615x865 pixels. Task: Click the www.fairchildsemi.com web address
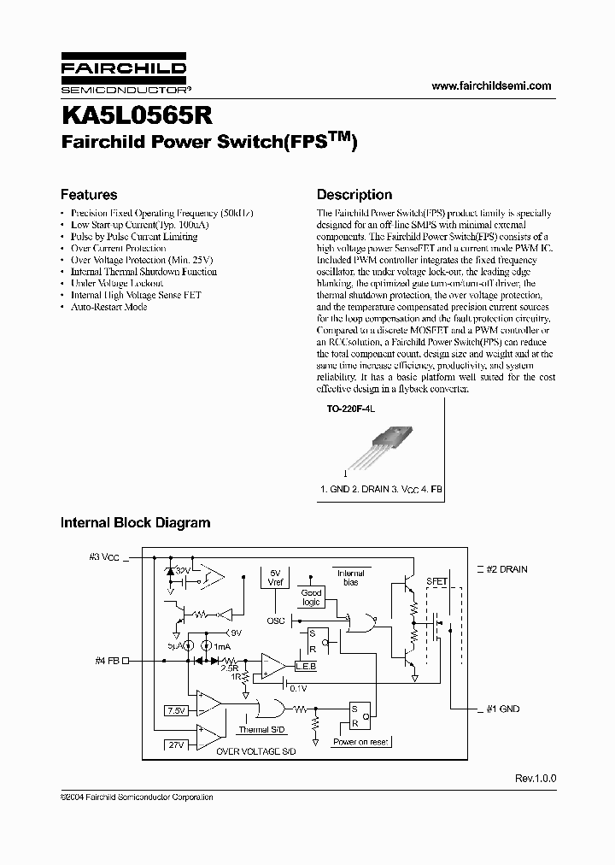(x=491, y=85)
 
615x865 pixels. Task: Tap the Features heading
(x=89, y=195)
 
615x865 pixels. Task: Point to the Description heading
(x=354, y=195)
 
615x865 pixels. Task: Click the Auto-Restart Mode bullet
(x=108, y=307)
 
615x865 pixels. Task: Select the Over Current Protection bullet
(x=118, y=248)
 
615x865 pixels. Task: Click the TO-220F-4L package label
(x=351, y=410)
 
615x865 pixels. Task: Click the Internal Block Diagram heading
(x=135, y=522)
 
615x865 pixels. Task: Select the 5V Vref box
(x=275, y=578)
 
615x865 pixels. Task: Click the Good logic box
(x=311, y=597)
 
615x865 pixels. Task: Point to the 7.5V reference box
(x=177, y=710)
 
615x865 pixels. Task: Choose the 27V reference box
(x=177, y=744)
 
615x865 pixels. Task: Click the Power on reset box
(x=361, y=742)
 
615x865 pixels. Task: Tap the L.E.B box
(x=305, y=666)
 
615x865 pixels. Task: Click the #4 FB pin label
(x=108, y=660)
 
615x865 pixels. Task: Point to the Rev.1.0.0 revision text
(x=535, y=779)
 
